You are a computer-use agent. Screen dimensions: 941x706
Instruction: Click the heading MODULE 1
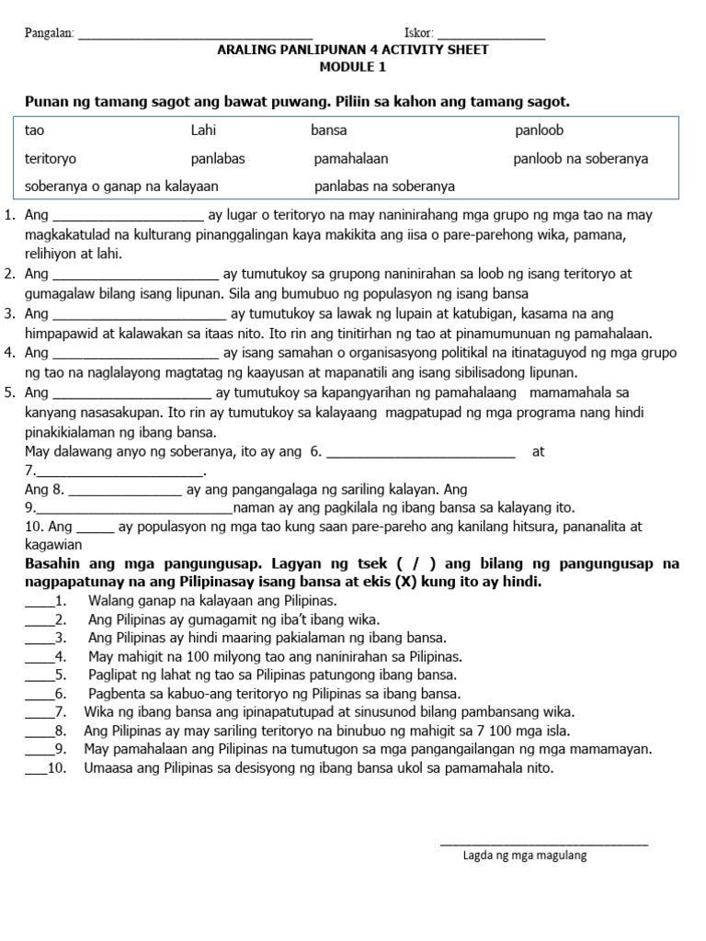[353, 67]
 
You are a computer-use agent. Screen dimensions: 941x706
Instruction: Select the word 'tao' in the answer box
[35, 131]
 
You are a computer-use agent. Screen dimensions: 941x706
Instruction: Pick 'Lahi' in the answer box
[203, 131]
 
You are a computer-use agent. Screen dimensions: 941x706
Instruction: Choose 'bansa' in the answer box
[329, 131]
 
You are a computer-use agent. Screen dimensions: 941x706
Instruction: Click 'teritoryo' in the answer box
[51, 159]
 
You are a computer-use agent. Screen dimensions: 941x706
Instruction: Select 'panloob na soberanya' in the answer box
[580, 159]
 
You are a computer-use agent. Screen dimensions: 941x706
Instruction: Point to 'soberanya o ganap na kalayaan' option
[121, 187]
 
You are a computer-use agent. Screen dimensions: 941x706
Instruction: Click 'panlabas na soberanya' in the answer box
[384, 187]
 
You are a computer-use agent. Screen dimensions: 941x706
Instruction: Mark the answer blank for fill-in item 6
[421, 455]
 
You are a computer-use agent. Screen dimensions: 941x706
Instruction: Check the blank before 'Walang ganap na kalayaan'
[40, 604]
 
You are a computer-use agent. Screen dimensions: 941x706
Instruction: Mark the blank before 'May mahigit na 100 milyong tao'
[40, 659]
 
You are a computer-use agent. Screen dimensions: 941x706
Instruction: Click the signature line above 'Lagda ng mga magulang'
[543, 842]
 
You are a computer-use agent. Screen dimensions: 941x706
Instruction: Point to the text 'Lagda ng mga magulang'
[525, 856]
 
